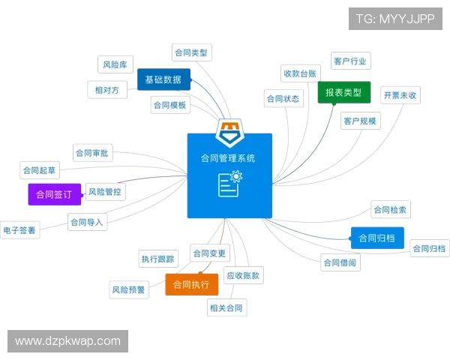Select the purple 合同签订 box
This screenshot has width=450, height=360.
pos(53,193)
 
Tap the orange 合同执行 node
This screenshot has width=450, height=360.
pos(191,285)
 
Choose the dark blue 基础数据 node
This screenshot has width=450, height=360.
pos(163,79)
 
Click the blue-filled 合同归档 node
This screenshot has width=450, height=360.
pos(376,238)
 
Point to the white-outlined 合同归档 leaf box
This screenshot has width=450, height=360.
pos(430,248)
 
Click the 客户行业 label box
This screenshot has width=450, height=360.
pos(351,60)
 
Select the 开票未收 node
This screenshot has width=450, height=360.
pos(400,95)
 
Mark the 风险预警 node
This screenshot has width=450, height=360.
pos(128,289)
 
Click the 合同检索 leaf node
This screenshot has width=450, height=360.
pos(389,210)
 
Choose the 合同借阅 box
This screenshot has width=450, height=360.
pos(340,262)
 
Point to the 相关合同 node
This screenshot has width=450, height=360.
pos(226,307)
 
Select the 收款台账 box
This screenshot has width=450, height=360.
pos(299,73)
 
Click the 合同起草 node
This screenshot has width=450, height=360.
pos(40,169)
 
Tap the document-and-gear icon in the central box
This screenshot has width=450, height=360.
pos(229,183)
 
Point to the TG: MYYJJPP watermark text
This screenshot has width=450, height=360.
pos(394,19)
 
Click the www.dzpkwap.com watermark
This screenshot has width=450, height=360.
pos(68,341)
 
